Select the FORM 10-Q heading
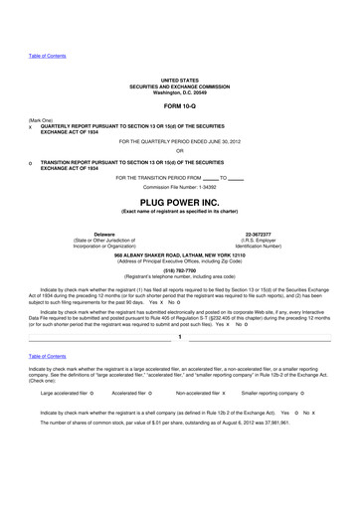coord(180,107)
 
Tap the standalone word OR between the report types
coord(180,151)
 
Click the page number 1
coord(180,339)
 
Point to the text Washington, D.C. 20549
coord(180,91)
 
